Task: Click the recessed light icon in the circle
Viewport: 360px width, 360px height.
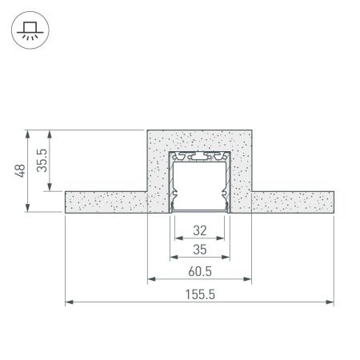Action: [x=29, y=30]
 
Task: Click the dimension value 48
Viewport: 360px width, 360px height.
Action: [x=22, y=170]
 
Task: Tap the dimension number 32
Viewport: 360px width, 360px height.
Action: [x=199, y=231]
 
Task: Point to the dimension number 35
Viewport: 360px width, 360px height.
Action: [x=199, y=250]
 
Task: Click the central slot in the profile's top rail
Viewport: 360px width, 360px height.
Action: [x=199, y=154]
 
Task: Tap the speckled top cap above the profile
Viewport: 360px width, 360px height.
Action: [x=199, y=139]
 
